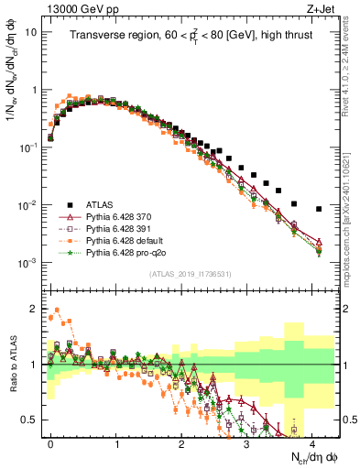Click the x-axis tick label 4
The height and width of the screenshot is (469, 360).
click(x=313, y=442)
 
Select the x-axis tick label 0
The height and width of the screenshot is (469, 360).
click(x=50, y=442)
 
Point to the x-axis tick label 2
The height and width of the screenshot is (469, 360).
click(x=181, y=442)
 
